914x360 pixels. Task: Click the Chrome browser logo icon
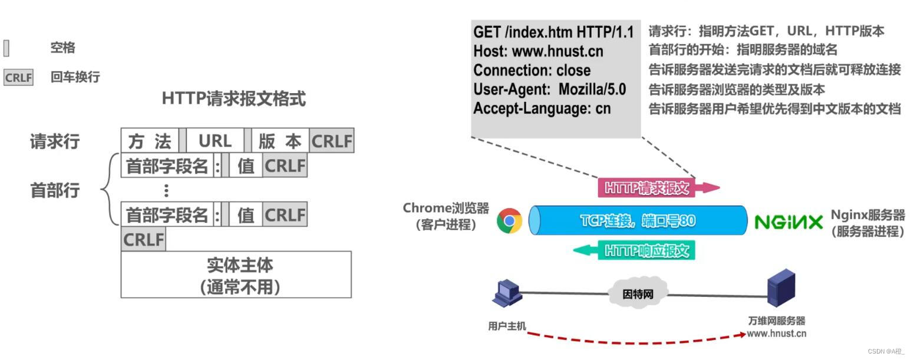(x=509, y=221)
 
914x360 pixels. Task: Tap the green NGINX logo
(x=788, y=222)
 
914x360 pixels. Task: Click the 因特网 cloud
(x=638, y=293)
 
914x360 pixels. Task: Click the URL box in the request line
(x=215, y=141)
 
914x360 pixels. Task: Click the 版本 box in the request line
(x=279, y=141)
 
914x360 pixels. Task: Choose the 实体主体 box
(x=236, y=275)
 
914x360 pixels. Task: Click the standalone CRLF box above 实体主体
(x=143, y=240)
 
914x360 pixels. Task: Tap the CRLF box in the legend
(x=18, y=77)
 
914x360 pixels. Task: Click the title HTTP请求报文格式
(x=233, y=98)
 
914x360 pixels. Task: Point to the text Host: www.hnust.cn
(x=538, y=51)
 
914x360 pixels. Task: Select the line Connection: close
(x=532, y=70)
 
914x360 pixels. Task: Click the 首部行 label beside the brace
(x=55, y=190)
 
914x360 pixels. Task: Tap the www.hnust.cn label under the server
(x=776, y=333)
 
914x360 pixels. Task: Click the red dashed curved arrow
(x=636, y=340)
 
